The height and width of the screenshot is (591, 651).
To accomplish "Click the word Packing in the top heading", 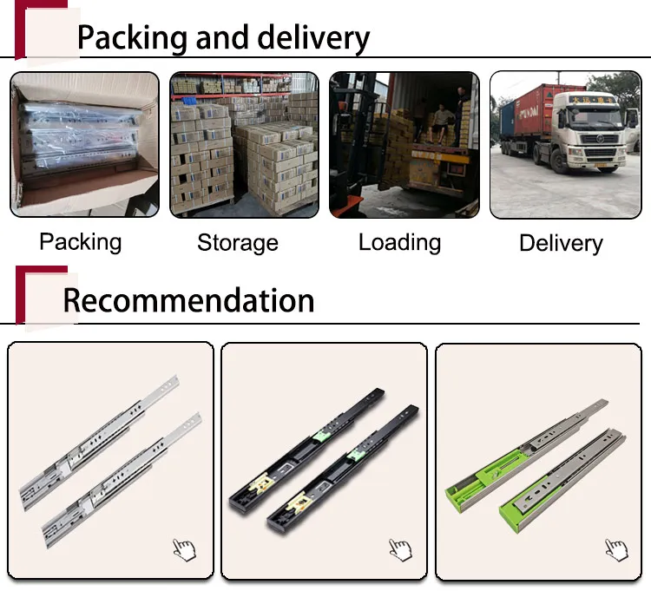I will click(x=133, y=38).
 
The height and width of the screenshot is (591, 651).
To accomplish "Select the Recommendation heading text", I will click(x=188, y=300).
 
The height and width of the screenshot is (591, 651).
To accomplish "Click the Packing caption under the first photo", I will click(x=81, y=241).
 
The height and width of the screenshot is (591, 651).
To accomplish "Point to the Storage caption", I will click(x=238, y=243).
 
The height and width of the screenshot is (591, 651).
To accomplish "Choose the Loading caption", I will click(x=399, y=242).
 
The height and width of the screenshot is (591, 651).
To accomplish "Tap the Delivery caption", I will click(x=561, y=243).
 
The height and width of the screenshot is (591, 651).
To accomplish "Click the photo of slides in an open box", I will click(x=84, y=144).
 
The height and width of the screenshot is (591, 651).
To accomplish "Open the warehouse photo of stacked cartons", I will click(x=244, y=144).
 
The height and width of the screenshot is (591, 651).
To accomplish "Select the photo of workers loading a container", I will click(x=404, y=144).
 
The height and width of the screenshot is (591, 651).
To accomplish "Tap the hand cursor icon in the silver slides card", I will click(x=184, y=548).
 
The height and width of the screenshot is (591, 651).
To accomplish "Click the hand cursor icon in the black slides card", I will click(x=399, y=548).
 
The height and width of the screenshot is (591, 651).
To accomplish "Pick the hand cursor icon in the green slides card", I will click(x=615, y=548).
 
